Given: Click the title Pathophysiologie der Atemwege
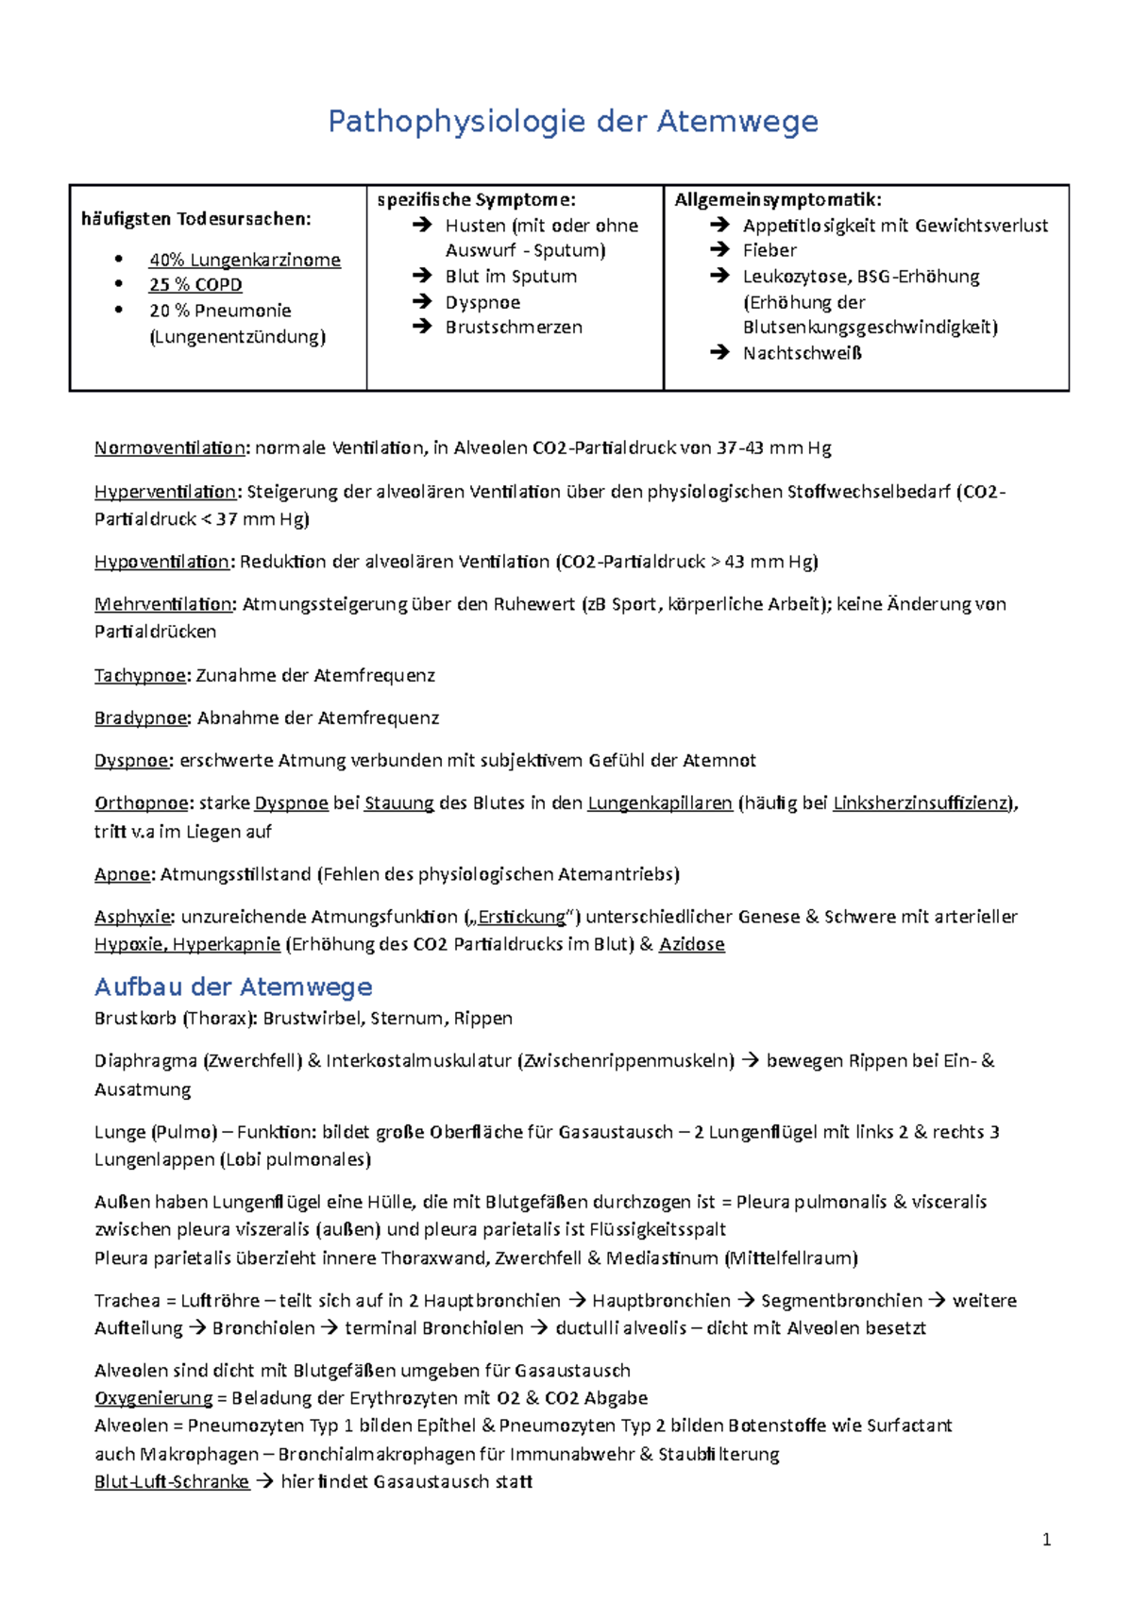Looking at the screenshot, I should point(572,122).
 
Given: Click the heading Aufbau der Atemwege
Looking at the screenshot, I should point(233,987).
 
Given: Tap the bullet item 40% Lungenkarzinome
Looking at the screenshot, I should point(245,260).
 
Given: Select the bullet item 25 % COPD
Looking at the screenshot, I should point(195,285).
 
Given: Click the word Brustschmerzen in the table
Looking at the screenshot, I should point(514,328).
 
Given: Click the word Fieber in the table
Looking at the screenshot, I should point(769,250).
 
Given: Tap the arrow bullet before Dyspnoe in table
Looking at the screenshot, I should point(421,302).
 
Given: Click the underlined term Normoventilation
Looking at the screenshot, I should point(169,448).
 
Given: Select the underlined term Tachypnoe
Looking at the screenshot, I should point(141,676).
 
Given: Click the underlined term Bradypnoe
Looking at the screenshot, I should point(142,718).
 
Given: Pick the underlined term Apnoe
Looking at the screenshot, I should point(123,874).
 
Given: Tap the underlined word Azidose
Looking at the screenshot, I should point(692,944).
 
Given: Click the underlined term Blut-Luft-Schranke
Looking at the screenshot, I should point(171,1482).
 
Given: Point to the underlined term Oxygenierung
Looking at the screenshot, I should point(153,1398).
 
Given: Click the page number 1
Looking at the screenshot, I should point(1046,1540).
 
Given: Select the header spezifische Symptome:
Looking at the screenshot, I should point(476,199).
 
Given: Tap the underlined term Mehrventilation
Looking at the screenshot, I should point(163,604).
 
